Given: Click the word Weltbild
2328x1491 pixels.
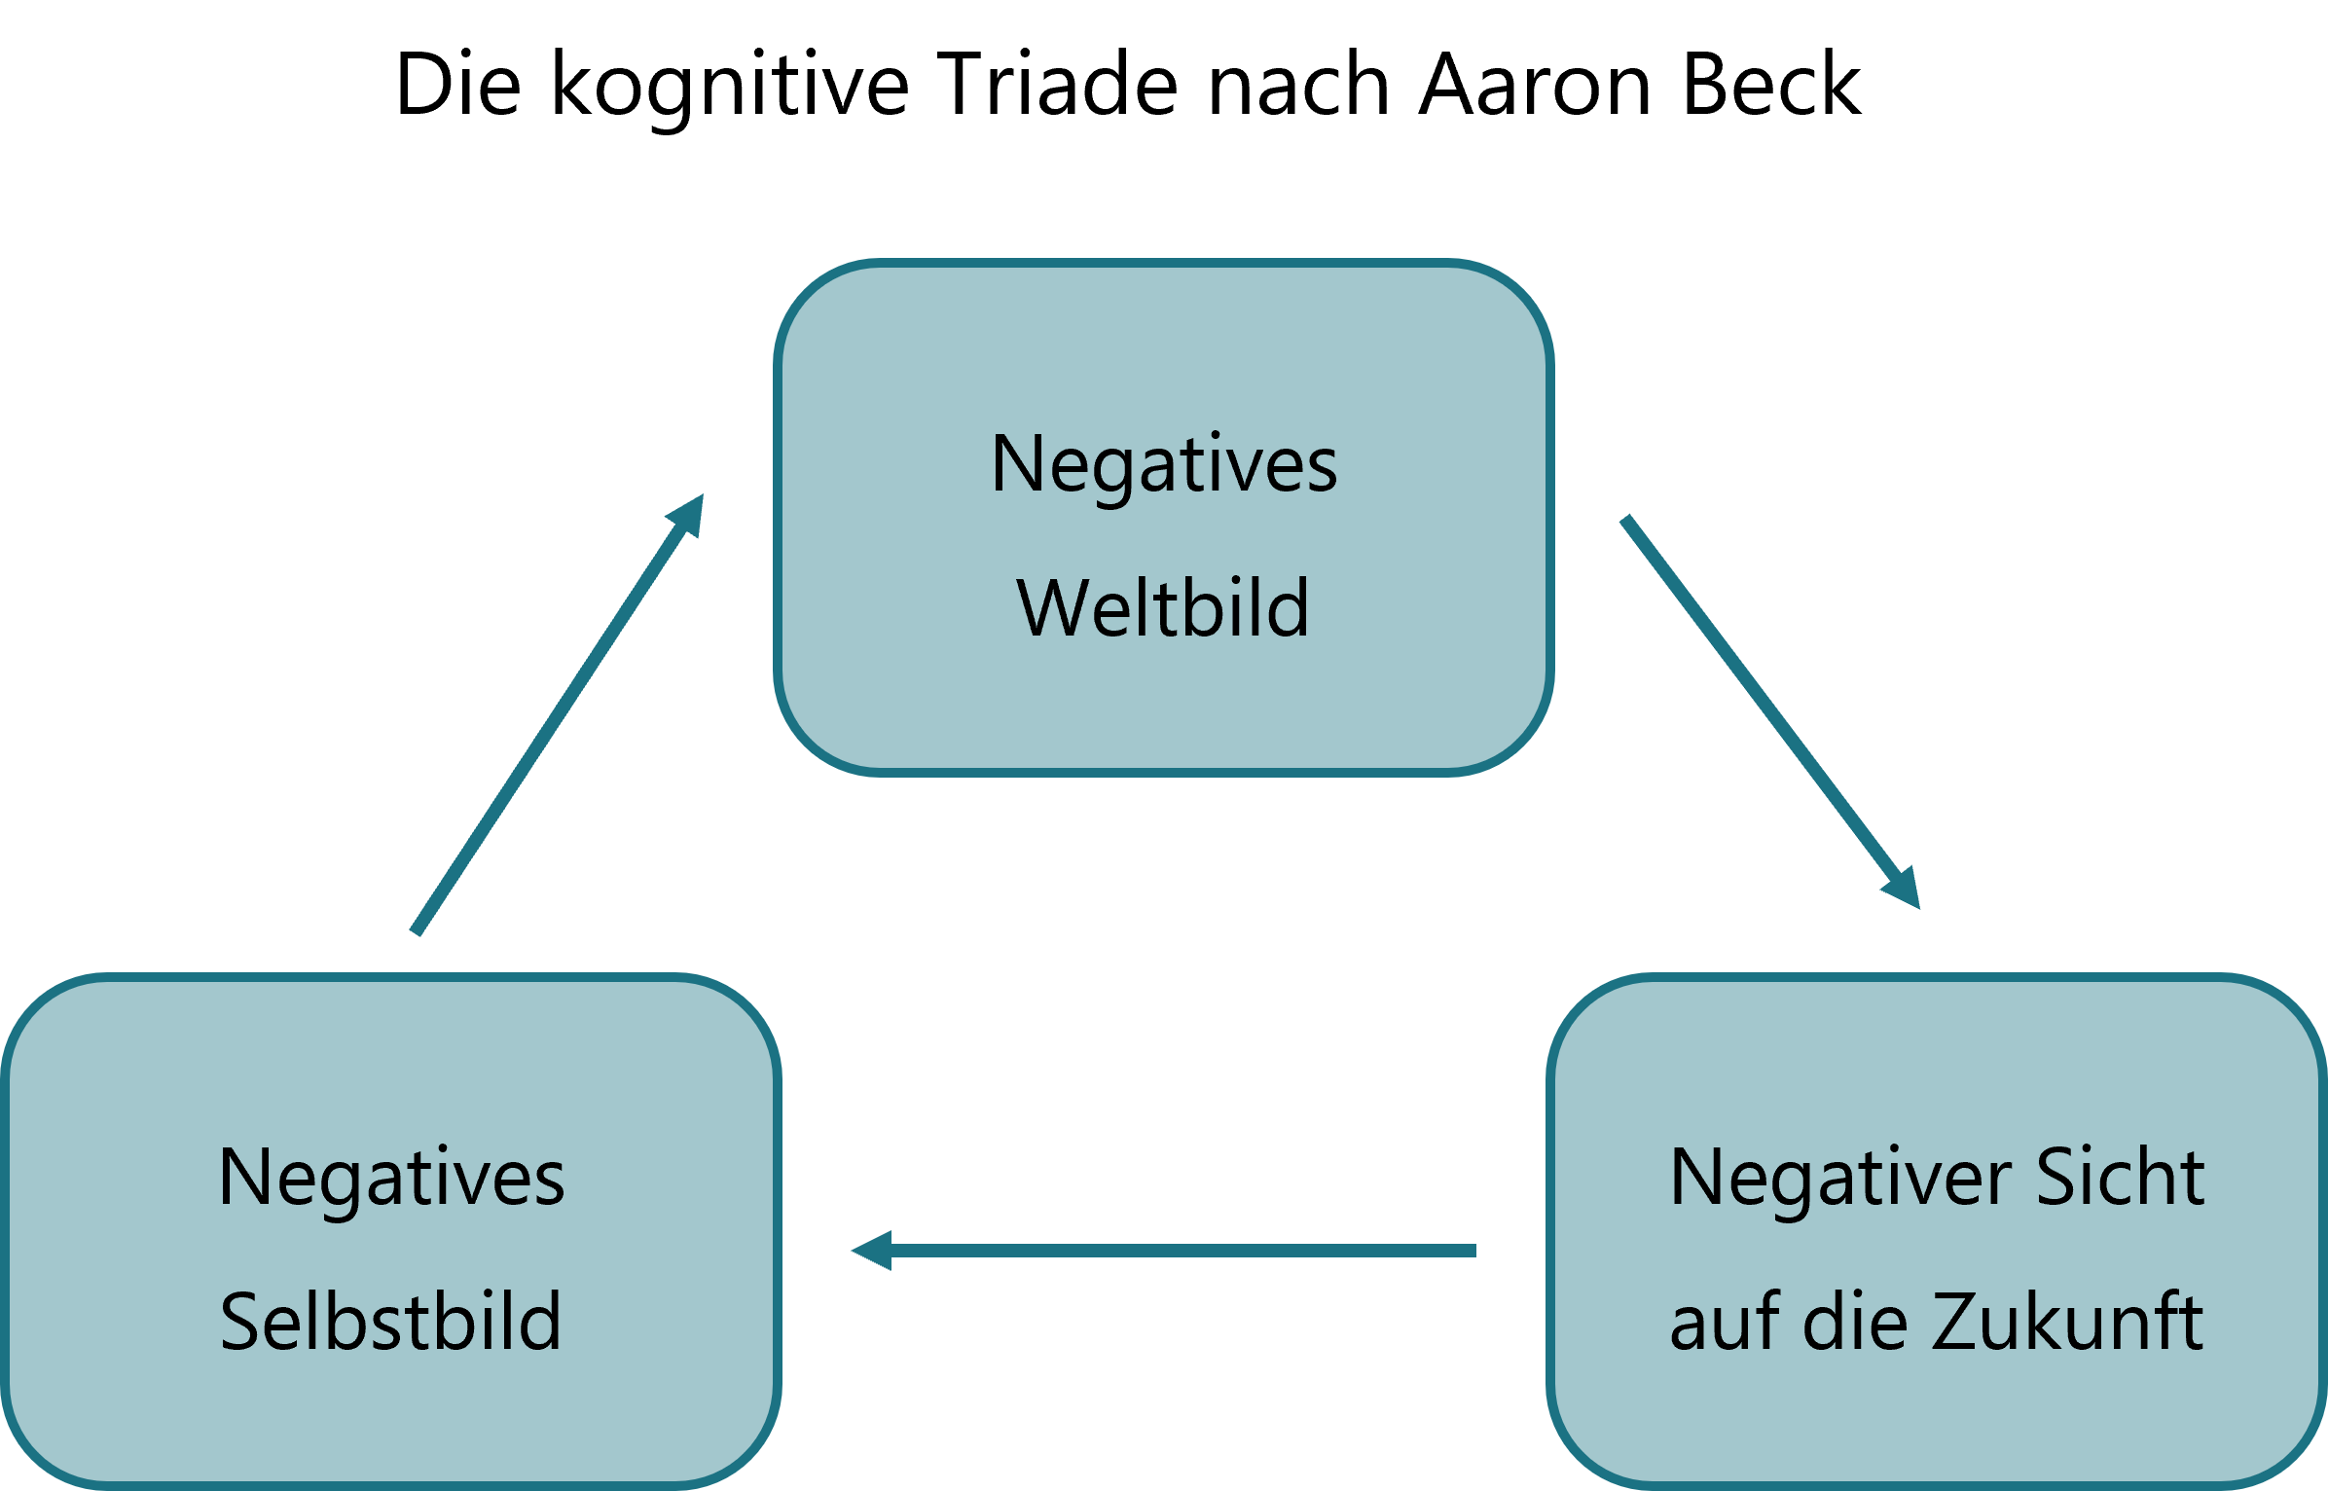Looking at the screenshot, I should point(1163,608).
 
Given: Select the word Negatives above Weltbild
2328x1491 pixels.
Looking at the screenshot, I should point(1164,465).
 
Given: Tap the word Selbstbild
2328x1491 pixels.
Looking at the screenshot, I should point(390,1322).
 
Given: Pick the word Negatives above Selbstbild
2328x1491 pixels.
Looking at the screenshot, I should point(391,1179).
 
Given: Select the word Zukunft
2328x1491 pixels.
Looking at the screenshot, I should point(2067,1322).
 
